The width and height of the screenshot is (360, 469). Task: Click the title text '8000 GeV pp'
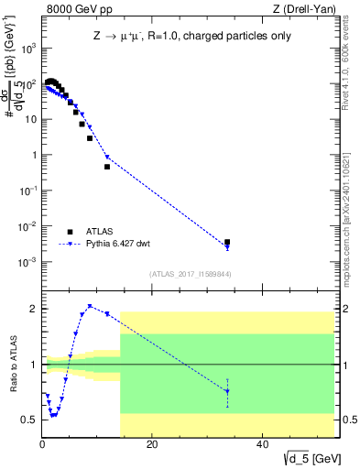point(73,9)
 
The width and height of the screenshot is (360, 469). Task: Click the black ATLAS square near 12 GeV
point(107,167)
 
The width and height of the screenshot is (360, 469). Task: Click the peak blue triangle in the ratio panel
point(90,306)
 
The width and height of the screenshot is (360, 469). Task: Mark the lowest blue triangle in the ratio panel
point(53,415)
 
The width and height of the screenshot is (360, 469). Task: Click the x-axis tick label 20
point(152,444)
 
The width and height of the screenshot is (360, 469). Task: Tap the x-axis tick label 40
point(262,444)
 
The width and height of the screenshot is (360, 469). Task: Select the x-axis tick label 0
point(42,444)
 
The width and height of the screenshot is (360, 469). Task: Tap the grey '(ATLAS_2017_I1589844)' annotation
point(184,274)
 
